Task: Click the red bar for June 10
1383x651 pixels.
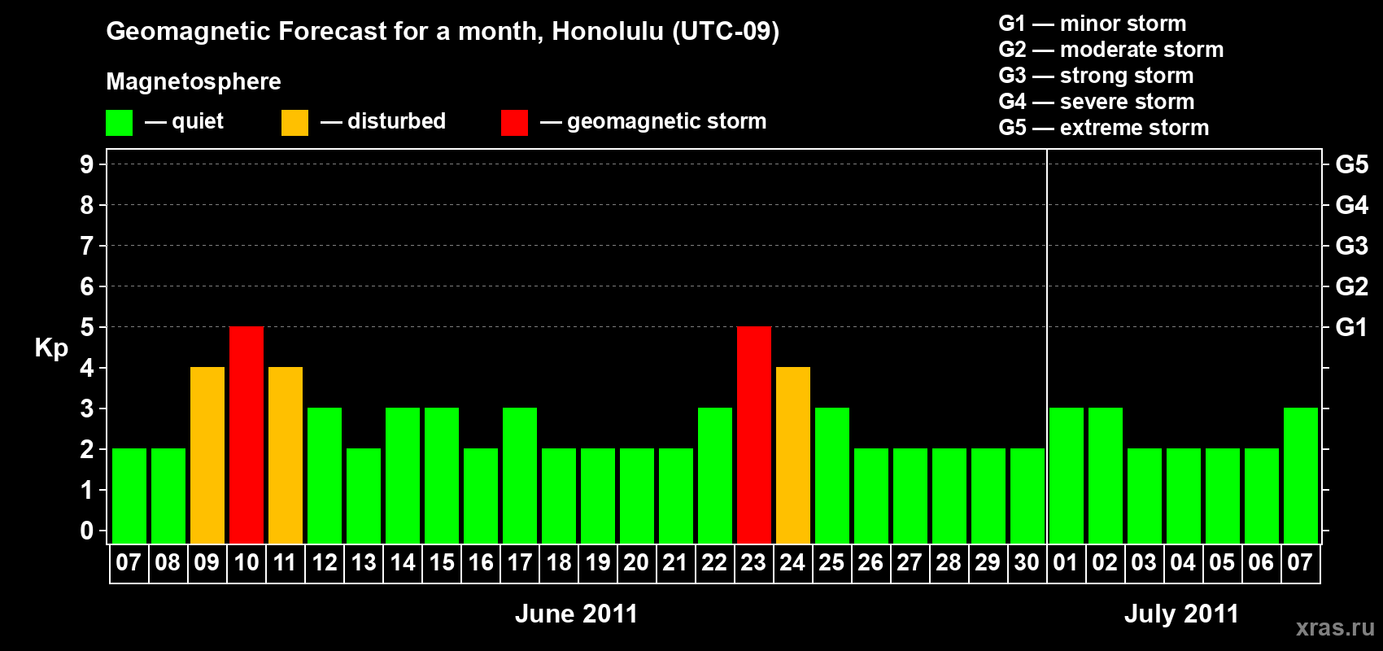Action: [x=246, y=435]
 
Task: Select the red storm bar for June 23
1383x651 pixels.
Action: [x=754, y=435]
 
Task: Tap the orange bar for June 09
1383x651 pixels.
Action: [x=207, y=455]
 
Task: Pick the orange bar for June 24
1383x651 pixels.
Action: [x=792, y=455]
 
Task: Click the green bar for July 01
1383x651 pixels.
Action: [x=1067, y=475]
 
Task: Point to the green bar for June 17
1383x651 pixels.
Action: [x=520, y=475]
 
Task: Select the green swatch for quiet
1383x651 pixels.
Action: [x=119, y=122]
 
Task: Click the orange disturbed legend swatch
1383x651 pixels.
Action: [x=294, y=122]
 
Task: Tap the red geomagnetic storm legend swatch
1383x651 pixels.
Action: [x=514, y=122]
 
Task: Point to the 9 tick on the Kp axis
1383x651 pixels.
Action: [x=86, y=164]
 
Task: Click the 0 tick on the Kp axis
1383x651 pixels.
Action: [x=86, y=531]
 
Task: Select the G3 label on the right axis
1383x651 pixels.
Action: [x=1351, y=246]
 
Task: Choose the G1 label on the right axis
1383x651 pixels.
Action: [x=1351, y=327]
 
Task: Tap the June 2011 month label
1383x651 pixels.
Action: [x=576, y=614]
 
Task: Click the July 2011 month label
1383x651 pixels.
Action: [x=1181, y=614]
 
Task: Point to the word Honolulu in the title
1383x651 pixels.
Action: [x=608, y=31]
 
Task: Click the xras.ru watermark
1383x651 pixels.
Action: [x=1336, y=627]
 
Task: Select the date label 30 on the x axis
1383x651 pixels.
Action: [x=1027, y=562]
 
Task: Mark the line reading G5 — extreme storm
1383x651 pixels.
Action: [x=1103, y=128]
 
